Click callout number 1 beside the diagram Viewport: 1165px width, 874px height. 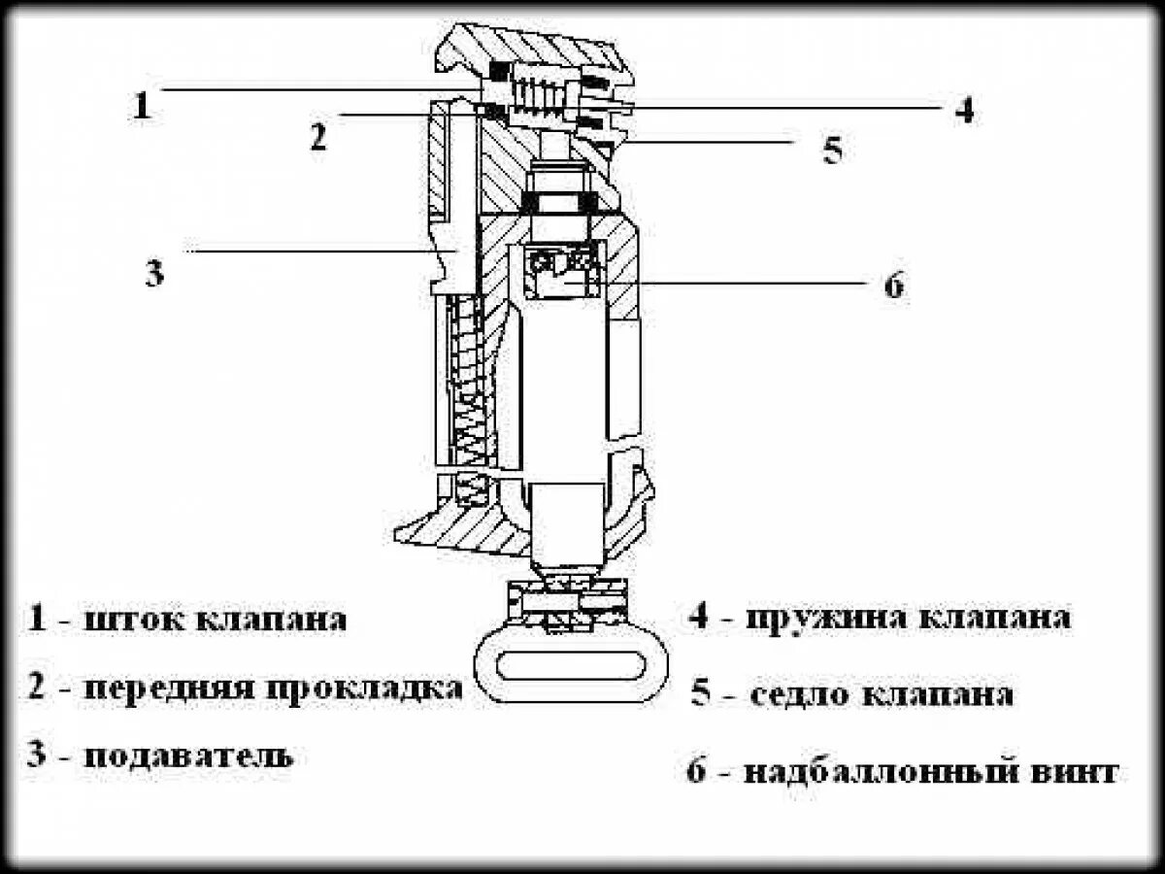pos(142,105)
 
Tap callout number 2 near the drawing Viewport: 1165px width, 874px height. pos(318,137)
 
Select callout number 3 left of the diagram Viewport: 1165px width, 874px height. pos(154,273)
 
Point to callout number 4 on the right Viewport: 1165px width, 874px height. pos(962,110)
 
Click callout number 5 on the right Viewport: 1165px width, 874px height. pos(832,151)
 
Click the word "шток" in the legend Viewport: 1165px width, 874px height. pos(133,620)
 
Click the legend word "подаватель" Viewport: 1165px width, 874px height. pos(188,756)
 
